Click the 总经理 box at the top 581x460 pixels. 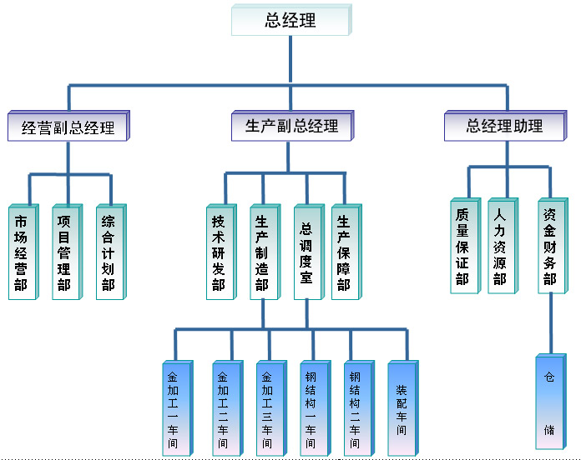290,20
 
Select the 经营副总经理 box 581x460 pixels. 68,127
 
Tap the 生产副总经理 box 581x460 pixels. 291,127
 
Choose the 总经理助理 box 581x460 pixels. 504,126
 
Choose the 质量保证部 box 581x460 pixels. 462,246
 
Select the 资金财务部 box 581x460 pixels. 549,246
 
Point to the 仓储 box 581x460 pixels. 549,402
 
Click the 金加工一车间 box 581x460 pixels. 174,408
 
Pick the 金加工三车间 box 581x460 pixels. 268,408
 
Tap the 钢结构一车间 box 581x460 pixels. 311,408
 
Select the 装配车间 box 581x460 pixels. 402,408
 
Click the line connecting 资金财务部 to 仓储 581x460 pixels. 550,325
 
